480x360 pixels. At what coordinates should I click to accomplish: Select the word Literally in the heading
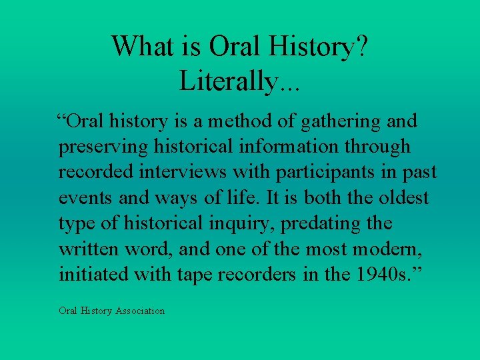click(227, 81)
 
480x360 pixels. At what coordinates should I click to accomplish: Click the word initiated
click(91, 275)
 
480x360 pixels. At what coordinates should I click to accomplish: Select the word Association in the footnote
click(140, 311)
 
